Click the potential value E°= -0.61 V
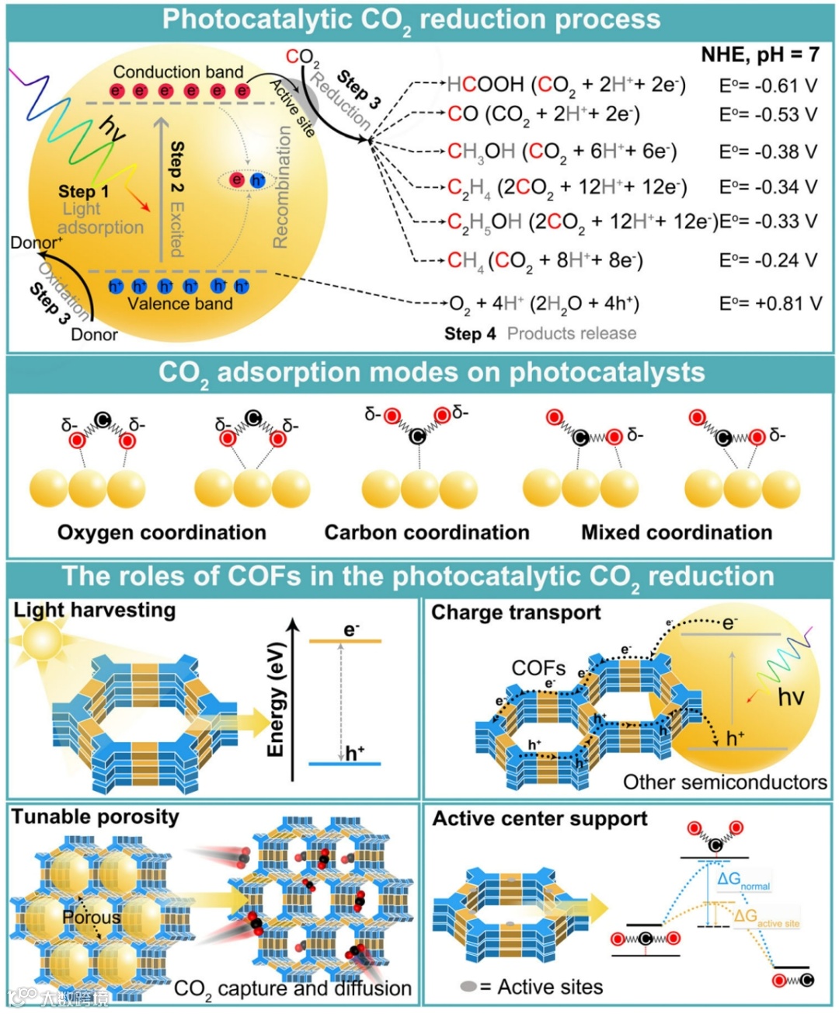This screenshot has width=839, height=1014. [768, 85]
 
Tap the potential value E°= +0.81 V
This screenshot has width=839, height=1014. [770, 303]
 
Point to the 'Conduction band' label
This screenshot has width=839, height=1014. [178, 72]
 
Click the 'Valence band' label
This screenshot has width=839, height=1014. [179, 304]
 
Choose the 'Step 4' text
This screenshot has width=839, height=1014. [470, 334]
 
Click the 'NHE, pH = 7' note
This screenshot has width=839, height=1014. [760, 54]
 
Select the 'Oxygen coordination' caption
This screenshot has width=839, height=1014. [162, 532]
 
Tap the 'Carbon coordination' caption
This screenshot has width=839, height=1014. [426, 532]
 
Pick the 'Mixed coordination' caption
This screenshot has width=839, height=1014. [677, 532]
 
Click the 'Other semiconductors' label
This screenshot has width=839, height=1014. [725, 782]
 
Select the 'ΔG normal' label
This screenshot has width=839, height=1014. [742, 880]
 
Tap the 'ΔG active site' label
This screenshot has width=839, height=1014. [765, 918]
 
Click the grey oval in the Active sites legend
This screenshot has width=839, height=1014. [468, 987]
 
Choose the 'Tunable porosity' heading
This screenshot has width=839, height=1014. [95, 817]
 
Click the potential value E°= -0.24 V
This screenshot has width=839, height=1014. [768, 260]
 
